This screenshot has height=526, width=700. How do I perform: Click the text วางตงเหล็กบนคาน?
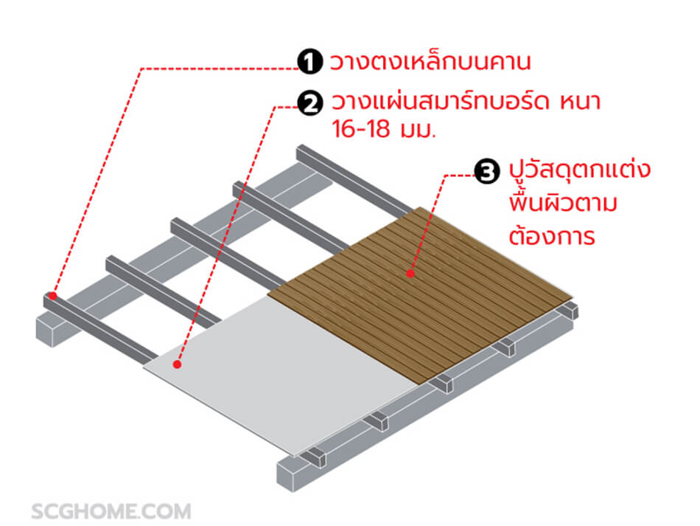tap(430, 62)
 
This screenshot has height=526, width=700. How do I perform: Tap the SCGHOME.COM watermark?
tap(111, 511)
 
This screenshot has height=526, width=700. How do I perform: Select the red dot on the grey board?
tap(177, 364)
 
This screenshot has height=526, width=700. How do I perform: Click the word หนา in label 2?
tap(579, 102)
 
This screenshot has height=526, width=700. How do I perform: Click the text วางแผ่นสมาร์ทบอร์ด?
tap(442, 102)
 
